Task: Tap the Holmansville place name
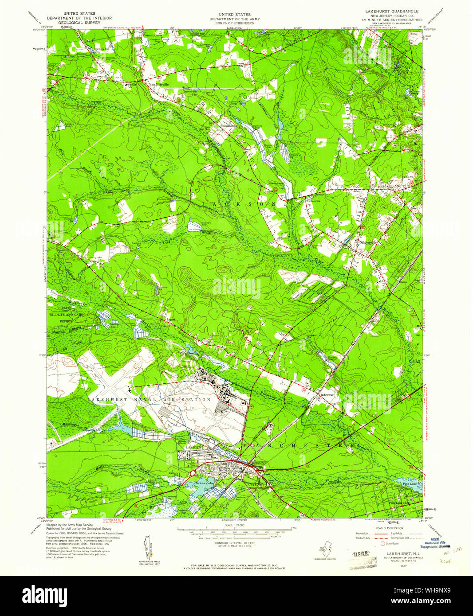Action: (229, 125)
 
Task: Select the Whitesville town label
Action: (368, 242)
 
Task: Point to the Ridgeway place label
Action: (328, 393)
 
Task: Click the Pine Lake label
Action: (410, 484)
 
